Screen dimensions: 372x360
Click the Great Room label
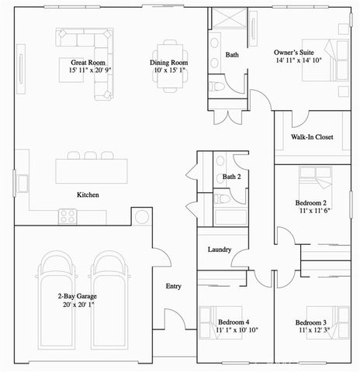(x=88, y=61)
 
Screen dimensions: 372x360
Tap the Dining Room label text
(x=169, y=61)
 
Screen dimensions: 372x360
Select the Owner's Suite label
(x=293, y=53)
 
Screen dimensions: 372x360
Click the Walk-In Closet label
(x=312, y=137)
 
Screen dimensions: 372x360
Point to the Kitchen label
(x=87, y=195)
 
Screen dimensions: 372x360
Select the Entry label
(x=174, y=287)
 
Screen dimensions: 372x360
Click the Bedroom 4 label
(x=234, y=322)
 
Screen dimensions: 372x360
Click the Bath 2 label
(x=232, y=177)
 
